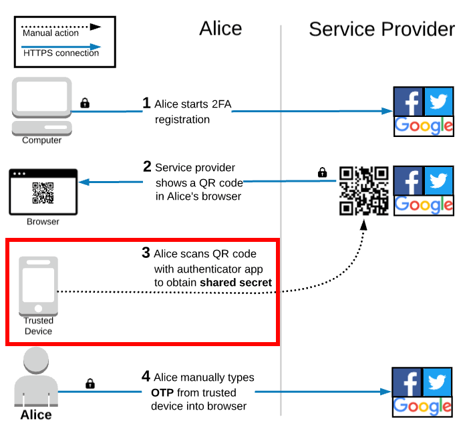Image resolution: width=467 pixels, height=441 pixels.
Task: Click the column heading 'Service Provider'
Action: pyautogui.click(x=381, y=29)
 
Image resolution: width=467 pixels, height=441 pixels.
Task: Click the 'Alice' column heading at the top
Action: pyautogui.click(x=220, y=28)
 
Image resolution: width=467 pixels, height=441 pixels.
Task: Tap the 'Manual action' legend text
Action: pyautogui.click(x=51, y=33)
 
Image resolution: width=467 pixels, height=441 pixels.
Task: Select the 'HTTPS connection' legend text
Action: pyautogui.click(x=61, y=53)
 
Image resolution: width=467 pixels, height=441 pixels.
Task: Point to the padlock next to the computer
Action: pyautogui.click(x=85, y=103)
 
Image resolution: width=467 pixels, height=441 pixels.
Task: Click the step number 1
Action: pyautogui.click(x=146, y=103)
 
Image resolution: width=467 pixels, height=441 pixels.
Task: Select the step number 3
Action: pyautogui.click(x=146, y=253)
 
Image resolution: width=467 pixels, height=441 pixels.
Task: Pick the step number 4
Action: pyautogui.click(x=146, y=377)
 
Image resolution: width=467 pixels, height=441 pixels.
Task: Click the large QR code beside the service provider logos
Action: pyautogui.click(x=363, y=190)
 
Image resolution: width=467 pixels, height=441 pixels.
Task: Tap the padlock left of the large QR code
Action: pyautogui.click(x=322, y=172)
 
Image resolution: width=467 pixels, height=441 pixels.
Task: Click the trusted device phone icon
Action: pyautogui.click(x=38, y=285)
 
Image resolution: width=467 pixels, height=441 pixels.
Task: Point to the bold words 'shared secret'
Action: pyautogui.click(x=236, y=283)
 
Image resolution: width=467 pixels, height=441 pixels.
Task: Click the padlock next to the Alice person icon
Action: pyautogui.click(x=90, y=384)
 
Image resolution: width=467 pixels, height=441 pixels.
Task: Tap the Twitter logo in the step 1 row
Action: pyautogui.click(x=438, y=102)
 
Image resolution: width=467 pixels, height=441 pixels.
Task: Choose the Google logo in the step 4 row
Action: pyautogui.click(x=422, y=406)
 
